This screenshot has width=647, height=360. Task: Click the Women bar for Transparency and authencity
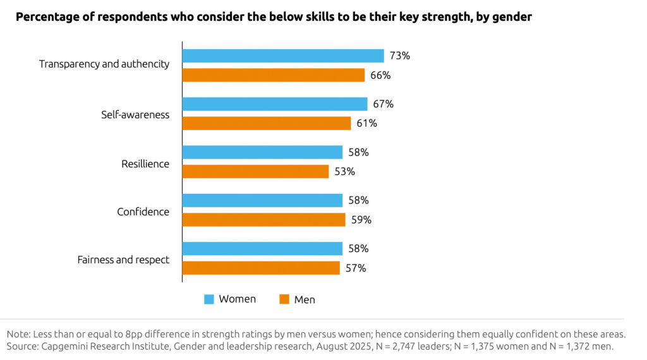pyautogui.click(x=283, y=56)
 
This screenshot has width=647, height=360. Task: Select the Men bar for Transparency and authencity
pyautogui.click(x=274, y=75)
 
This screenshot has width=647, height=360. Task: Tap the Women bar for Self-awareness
pyautogui.click(x=275, y=104)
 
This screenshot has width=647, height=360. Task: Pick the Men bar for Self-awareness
pyautogui.click(x=267, y=123)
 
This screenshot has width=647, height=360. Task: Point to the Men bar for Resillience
pyautogui.click(x=256, y=171)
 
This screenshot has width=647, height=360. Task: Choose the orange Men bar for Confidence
pyautogui.click(x=264, y=220)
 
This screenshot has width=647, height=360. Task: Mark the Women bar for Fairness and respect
pyautogui.click(x=262, y=249)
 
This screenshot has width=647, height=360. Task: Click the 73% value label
pyautogui.click(x=400, y=56)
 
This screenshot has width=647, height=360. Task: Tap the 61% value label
pyautogui.click(x=366, y=123)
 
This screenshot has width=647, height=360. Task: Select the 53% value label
pyautogui.click(x=345, y=171)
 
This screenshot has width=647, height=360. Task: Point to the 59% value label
pyautogui.click(x=361, y=220)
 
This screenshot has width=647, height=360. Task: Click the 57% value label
pyautogui.click(x=356, y=268)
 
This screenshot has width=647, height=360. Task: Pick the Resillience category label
pyautogui.click(x=145, y=164)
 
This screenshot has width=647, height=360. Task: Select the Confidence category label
pyautogui.click(x=143, y=212)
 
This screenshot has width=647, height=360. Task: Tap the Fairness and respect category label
pyautogui.click(x=123, y=260)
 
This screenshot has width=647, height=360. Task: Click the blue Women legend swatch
pyautogui.click(x=209, y=299)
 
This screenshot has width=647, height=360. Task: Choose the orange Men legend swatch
pyautogui.click(x=284, y=299)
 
